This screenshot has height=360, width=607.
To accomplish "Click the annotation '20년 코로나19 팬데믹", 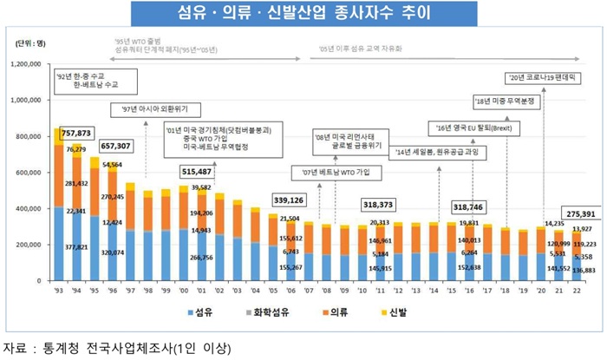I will tap(543, 79).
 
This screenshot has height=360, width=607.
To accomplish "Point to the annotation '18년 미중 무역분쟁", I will tap(508, 101).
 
